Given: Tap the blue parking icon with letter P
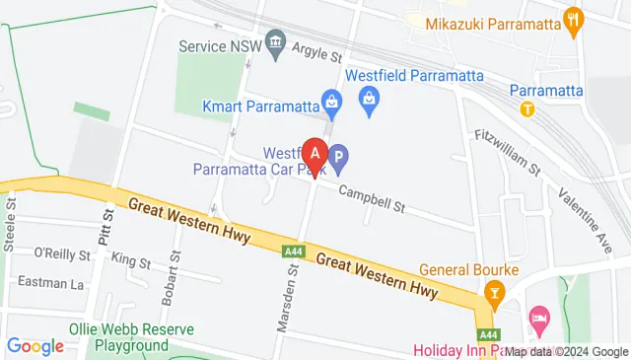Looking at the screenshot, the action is tap(338, 156).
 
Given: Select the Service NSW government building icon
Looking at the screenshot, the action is tap(275, 43).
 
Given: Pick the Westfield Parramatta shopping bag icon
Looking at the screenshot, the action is tap(369, 98).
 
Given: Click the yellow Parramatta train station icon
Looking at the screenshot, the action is tap(528, 108).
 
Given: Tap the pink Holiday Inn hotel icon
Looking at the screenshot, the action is tap(538, 318).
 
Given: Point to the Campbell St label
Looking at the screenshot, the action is tap(372, 199).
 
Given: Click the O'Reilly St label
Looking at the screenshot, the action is tap(61, 253).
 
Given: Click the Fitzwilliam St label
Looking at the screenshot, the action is tap(507, 153).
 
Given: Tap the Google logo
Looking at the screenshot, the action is tap(35, 346).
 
